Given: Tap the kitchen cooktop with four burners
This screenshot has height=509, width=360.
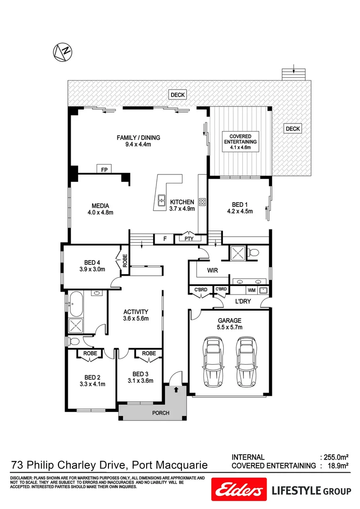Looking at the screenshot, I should coord(203,202).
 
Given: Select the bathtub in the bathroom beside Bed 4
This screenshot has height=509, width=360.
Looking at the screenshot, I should coord(75,304).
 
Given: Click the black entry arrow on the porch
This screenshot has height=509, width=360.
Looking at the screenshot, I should coord(176,390).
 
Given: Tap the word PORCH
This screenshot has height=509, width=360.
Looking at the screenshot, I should coord(161,413).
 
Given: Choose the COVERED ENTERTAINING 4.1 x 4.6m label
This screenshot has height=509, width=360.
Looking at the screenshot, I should coord(240,141).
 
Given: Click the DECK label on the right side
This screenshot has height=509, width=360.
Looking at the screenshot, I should coord(292,129).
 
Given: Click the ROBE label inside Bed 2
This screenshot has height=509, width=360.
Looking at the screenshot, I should coord(90,353).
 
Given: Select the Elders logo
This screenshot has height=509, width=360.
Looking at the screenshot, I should coord(238,491).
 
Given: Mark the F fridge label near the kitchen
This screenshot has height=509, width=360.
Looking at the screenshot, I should coord(164,239).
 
